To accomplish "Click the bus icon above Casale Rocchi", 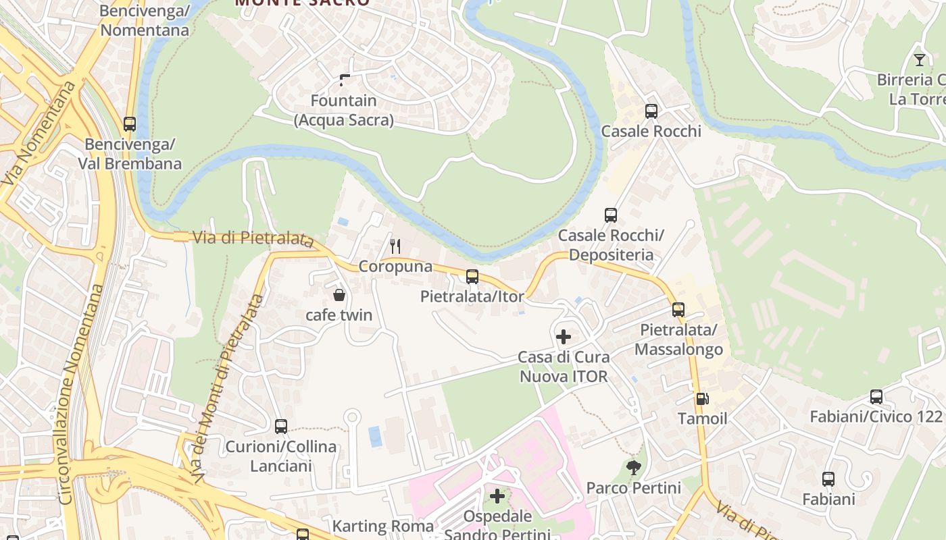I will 651,111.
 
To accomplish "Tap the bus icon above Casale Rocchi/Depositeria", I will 611,215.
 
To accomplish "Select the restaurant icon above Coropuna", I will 395,246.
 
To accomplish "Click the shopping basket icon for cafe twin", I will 339,295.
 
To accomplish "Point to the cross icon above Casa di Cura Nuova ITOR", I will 563,336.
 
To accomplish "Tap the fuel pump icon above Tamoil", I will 702,399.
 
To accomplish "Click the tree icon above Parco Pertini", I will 634,467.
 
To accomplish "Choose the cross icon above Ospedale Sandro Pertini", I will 497,496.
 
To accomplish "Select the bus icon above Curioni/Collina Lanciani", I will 281,427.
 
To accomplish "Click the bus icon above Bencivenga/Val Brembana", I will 130,124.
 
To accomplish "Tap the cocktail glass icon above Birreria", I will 919,59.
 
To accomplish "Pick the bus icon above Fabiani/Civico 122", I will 876,397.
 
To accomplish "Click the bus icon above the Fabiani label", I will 828,479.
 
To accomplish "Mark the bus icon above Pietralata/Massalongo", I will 678,310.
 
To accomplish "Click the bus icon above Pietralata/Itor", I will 472,276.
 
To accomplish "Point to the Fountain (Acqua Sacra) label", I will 344,110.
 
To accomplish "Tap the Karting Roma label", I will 382,526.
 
